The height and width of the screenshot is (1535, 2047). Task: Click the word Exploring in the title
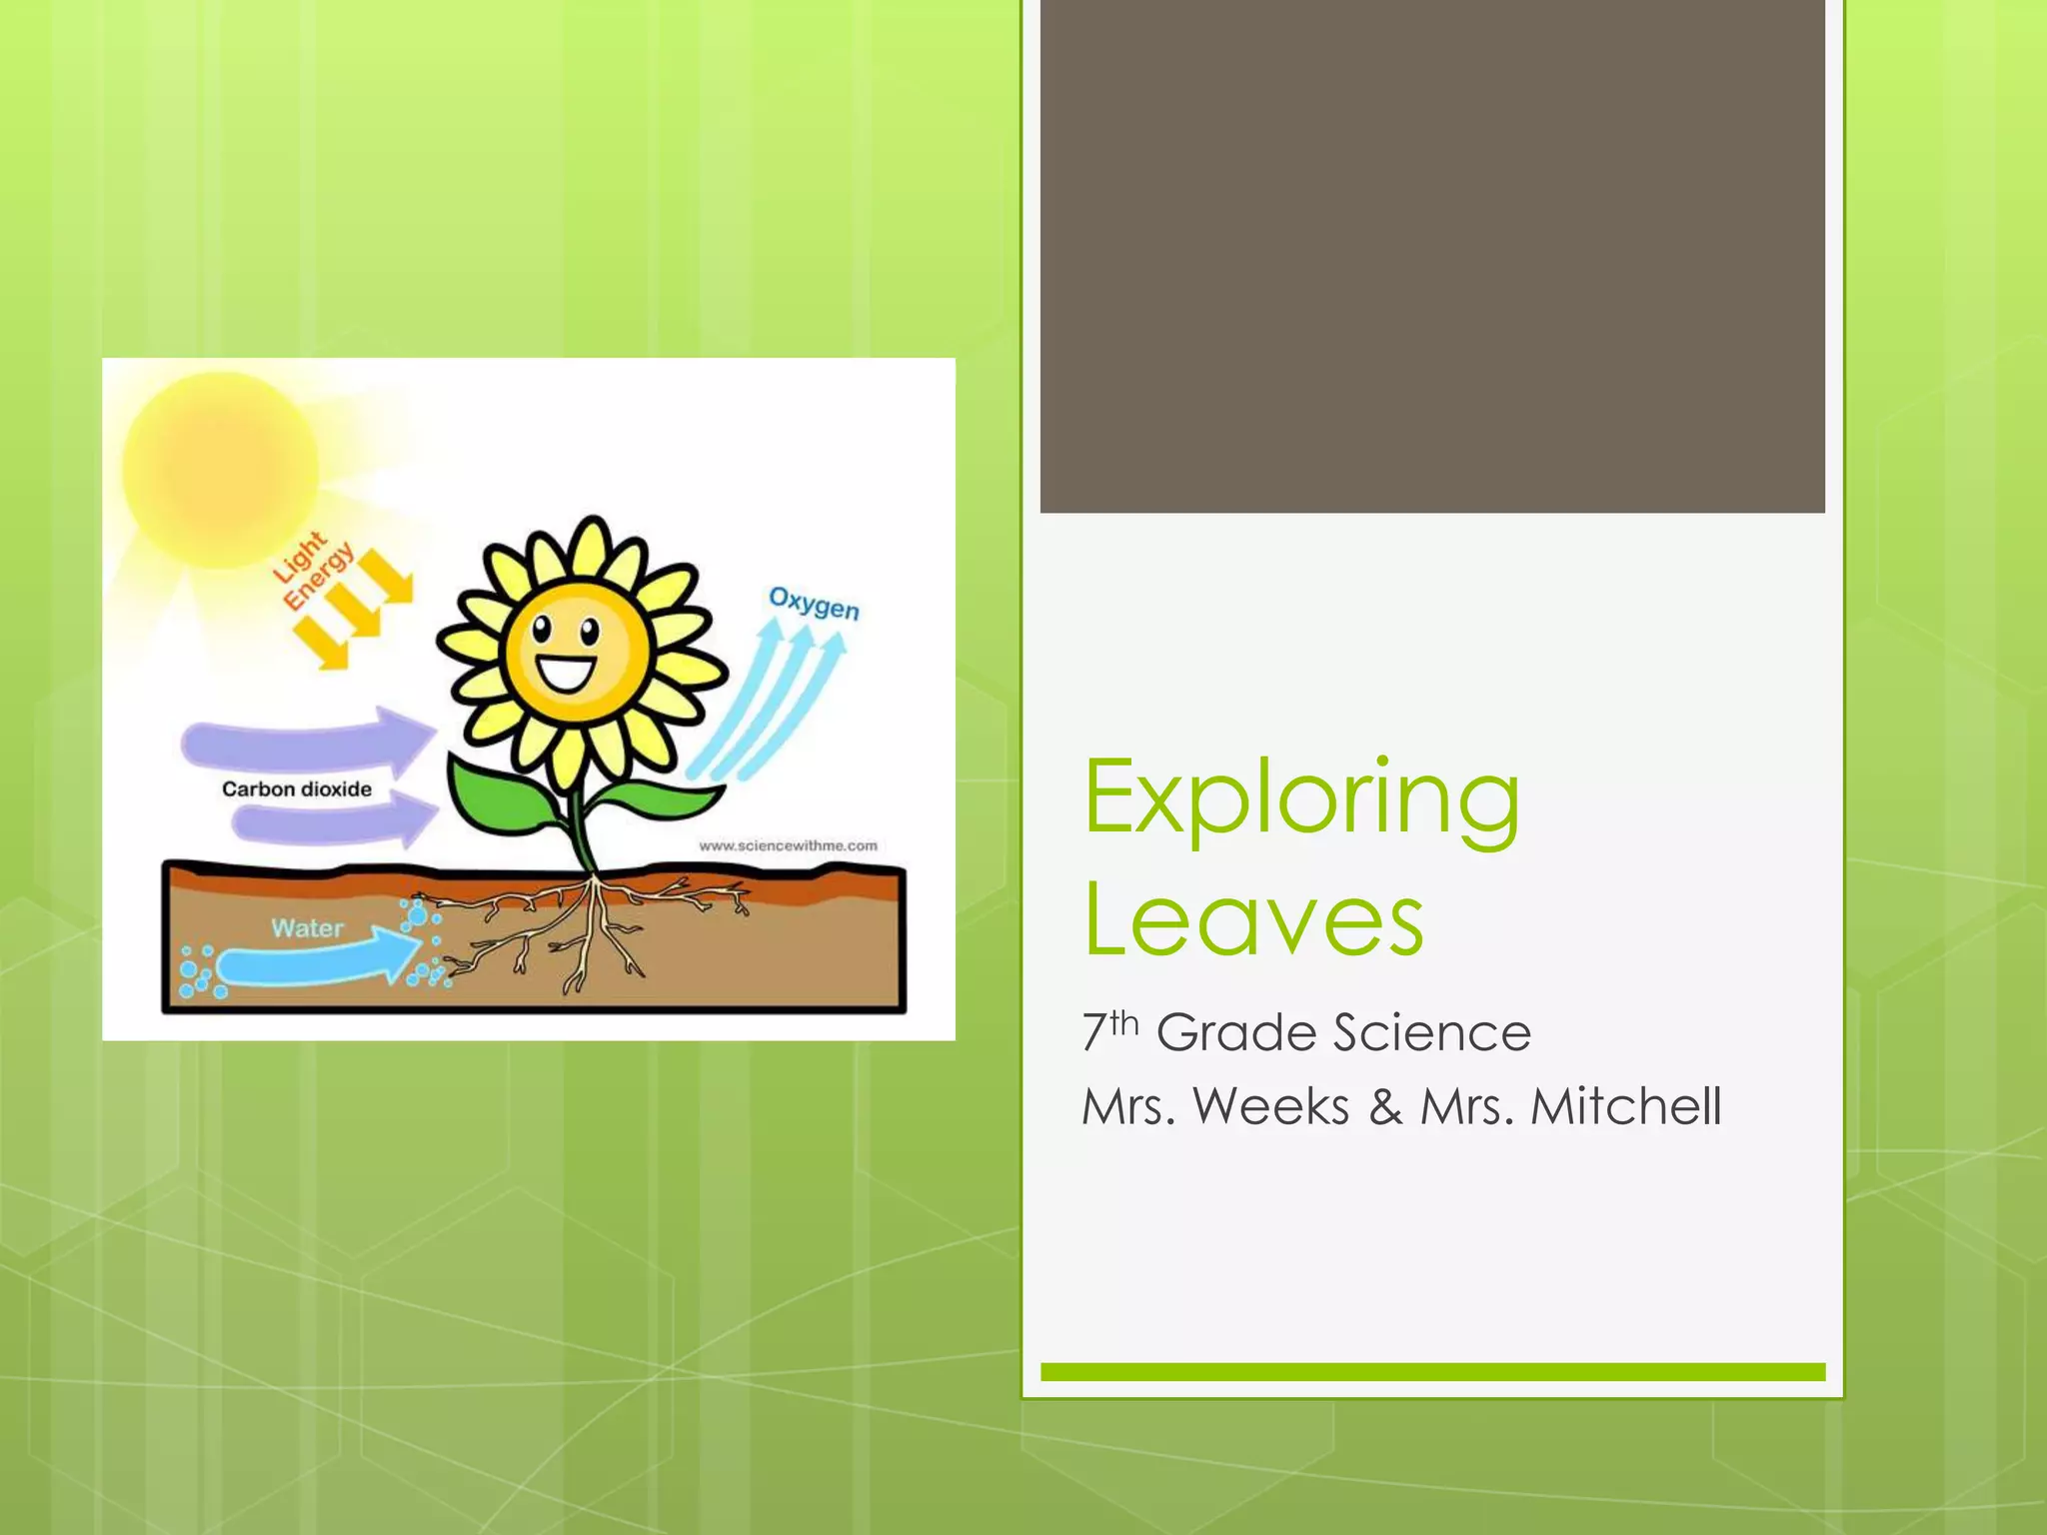(x=1301, y=799)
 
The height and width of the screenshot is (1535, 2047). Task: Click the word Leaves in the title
(x=1253, y=919)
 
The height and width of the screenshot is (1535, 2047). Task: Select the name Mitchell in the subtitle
(x=1626, y=1107)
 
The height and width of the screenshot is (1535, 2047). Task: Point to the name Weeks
(x=1271, y=1107)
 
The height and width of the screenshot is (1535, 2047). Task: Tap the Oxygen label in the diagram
(x=814, y=604)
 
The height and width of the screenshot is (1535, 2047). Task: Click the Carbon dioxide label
(x=297, y=789)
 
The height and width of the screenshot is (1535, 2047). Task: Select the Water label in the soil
(x=307, y=928)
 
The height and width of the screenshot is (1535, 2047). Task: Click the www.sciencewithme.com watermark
(x=788, y=845)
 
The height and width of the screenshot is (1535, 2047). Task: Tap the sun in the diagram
(x=220, y=470)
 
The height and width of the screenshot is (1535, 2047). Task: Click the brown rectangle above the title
(x=1431, y=256)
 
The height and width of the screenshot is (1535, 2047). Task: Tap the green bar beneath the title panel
(x=1431, y=1372)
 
